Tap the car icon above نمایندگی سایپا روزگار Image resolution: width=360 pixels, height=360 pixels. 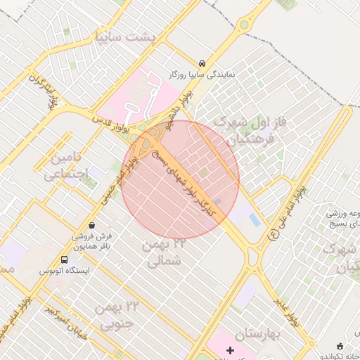202,63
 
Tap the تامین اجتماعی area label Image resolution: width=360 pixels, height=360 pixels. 67,165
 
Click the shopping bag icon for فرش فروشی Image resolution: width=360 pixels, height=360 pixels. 105,226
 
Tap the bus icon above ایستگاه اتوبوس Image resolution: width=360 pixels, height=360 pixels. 65,259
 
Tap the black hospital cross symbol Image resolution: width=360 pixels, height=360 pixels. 230,349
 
